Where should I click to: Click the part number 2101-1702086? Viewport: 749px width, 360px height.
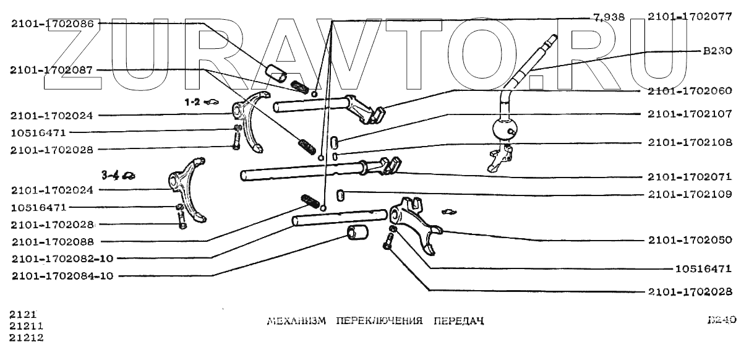51,24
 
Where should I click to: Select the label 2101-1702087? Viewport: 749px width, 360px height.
51,71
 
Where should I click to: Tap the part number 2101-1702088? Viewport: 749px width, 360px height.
51,241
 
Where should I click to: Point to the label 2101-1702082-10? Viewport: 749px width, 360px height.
62,259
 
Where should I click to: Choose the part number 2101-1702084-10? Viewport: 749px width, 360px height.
62,276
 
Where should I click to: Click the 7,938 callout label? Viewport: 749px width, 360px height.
609,17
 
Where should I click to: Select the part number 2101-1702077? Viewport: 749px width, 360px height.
690,17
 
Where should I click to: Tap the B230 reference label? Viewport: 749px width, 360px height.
717,52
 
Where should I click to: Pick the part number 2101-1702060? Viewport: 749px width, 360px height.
690,90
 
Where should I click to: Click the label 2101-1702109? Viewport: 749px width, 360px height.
690,194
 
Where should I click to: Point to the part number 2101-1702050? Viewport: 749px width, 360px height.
690,239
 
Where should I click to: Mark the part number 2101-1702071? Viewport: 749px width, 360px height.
690,176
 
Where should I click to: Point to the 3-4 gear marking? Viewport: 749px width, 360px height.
111,176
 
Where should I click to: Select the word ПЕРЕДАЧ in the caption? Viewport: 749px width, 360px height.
457,322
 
